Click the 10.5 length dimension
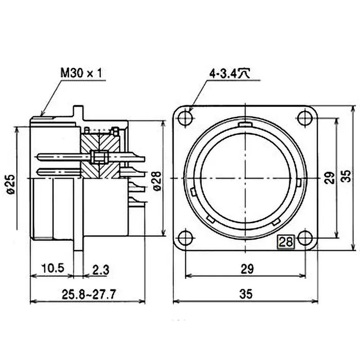pos(52,269)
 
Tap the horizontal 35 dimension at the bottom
pos(246,295)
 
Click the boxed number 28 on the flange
pos(286,242)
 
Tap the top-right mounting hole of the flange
pos(305,118)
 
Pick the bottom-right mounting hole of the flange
pos(305,238)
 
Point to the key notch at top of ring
pos(245,123)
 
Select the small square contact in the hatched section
pos(99,157)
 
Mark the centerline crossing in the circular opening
pos(245,179)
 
